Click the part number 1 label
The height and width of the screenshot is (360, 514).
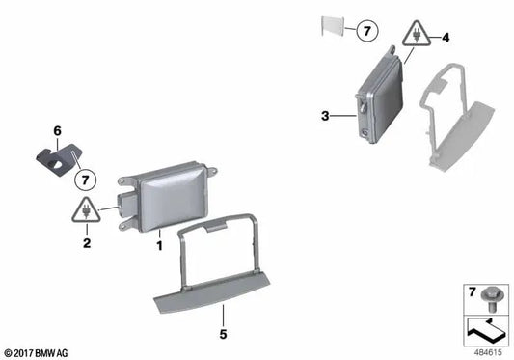(x=159, y=246)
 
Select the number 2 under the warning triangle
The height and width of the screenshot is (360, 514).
(x=87, y=245)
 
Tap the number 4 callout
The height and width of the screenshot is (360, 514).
(x=445, y=39)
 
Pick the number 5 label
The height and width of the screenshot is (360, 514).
(x=223, y=336)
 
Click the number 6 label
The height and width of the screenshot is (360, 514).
(x=57, y=130)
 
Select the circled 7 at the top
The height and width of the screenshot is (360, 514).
(x=367, y=32)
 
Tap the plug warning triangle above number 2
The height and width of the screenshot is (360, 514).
(x=87, y=209)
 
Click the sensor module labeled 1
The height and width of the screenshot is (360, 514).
(x=169, y=197)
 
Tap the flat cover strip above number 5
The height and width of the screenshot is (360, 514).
(x=216, y=289)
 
